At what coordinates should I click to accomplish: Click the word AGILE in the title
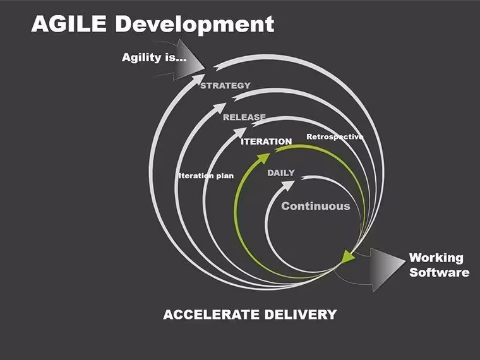coord(69,24)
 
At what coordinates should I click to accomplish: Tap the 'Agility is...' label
coord(154,58)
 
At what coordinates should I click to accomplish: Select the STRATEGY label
coord(225,85)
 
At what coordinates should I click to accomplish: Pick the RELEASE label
coord(244,117)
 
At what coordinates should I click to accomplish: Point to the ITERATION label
coord(267,141)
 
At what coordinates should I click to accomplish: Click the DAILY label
coord(281,173)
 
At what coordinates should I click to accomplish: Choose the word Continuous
coord(316,206)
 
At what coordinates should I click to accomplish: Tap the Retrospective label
coord(335,137)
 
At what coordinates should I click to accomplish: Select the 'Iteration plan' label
coord(206,176)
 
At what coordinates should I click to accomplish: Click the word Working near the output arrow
coord(436,258)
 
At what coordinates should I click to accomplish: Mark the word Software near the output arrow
coord(440,272)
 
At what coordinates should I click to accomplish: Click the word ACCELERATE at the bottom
coord(211,315)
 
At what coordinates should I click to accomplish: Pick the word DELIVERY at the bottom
coord(301,315)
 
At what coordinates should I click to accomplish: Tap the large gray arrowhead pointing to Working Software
coord(387,270)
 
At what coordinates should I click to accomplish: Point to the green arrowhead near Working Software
coord(347,256)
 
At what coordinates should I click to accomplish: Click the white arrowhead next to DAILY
coord(288,186)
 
